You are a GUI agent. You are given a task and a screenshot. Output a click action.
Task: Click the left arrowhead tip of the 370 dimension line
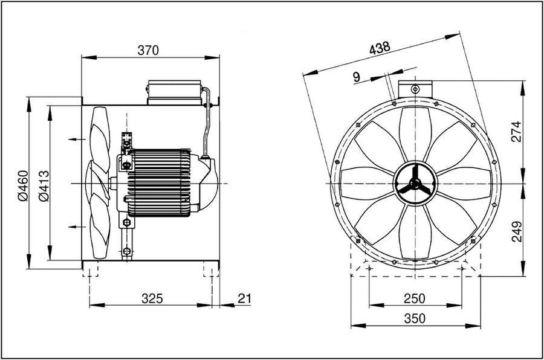click(82, 57)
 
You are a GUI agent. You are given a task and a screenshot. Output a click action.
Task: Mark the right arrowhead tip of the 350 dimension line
click(481, 326)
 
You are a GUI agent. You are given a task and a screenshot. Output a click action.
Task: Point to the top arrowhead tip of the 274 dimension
click(523, 81)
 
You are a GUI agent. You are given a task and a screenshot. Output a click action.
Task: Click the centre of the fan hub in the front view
click(415, 183)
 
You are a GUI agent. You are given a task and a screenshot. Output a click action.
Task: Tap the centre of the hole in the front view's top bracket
click(415, 89)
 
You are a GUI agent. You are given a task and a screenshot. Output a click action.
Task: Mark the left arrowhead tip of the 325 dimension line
click(89, 305)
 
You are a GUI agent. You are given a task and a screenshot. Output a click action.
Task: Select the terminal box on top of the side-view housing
click(174, 92)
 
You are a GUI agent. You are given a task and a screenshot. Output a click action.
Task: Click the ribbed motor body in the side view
click(159, 182)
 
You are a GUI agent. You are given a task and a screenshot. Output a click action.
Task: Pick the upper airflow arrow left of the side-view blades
click(77, 139)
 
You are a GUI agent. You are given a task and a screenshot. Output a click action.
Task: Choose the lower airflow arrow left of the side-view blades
click(77, 227)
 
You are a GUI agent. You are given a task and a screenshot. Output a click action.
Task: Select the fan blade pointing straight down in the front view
click(415, 232)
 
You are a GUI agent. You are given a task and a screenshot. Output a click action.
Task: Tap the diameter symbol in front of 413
click(44, 197)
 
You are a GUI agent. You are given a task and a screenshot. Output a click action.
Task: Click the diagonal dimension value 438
click(380, 48)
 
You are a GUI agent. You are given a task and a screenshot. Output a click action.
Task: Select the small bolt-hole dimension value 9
click(356, 77)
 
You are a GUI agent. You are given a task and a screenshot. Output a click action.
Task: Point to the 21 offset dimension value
click(244, 298)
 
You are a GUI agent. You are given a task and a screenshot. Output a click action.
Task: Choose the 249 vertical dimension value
click(517, 231)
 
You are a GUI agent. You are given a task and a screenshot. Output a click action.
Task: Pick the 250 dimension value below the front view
click(414, 298)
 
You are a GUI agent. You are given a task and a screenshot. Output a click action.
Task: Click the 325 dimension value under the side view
click(152, 298)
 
